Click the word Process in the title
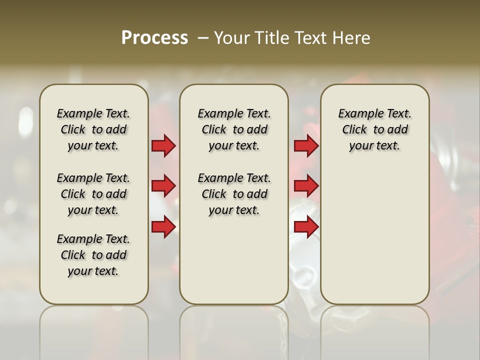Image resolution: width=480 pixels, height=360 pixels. [154, 38]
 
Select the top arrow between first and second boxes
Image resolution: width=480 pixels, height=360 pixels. [163, 146]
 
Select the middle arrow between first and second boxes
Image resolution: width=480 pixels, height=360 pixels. [163, 186]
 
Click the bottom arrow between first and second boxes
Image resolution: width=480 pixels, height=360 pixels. [163, 227]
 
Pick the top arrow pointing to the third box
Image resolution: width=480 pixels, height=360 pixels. [306, 146]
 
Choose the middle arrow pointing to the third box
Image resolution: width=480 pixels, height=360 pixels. [306, 186]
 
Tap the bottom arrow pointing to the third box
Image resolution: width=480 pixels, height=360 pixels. [306, 227]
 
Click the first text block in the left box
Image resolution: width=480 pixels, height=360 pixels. [93, 129]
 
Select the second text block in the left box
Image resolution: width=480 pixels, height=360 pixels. [93, 194]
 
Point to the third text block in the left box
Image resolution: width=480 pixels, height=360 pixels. [93, 255]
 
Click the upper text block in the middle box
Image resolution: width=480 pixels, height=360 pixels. [234, 129]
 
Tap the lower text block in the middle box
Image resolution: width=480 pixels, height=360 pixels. [234, 194]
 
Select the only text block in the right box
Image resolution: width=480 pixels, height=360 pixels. [374, 129]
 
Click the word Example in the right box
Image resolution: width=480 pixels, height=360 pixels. [356, 114]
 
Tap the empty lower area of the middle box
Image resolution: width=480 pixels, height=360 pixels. [234, 260]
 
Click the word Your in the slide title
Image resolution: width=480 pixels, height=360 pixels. [232, 38]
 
